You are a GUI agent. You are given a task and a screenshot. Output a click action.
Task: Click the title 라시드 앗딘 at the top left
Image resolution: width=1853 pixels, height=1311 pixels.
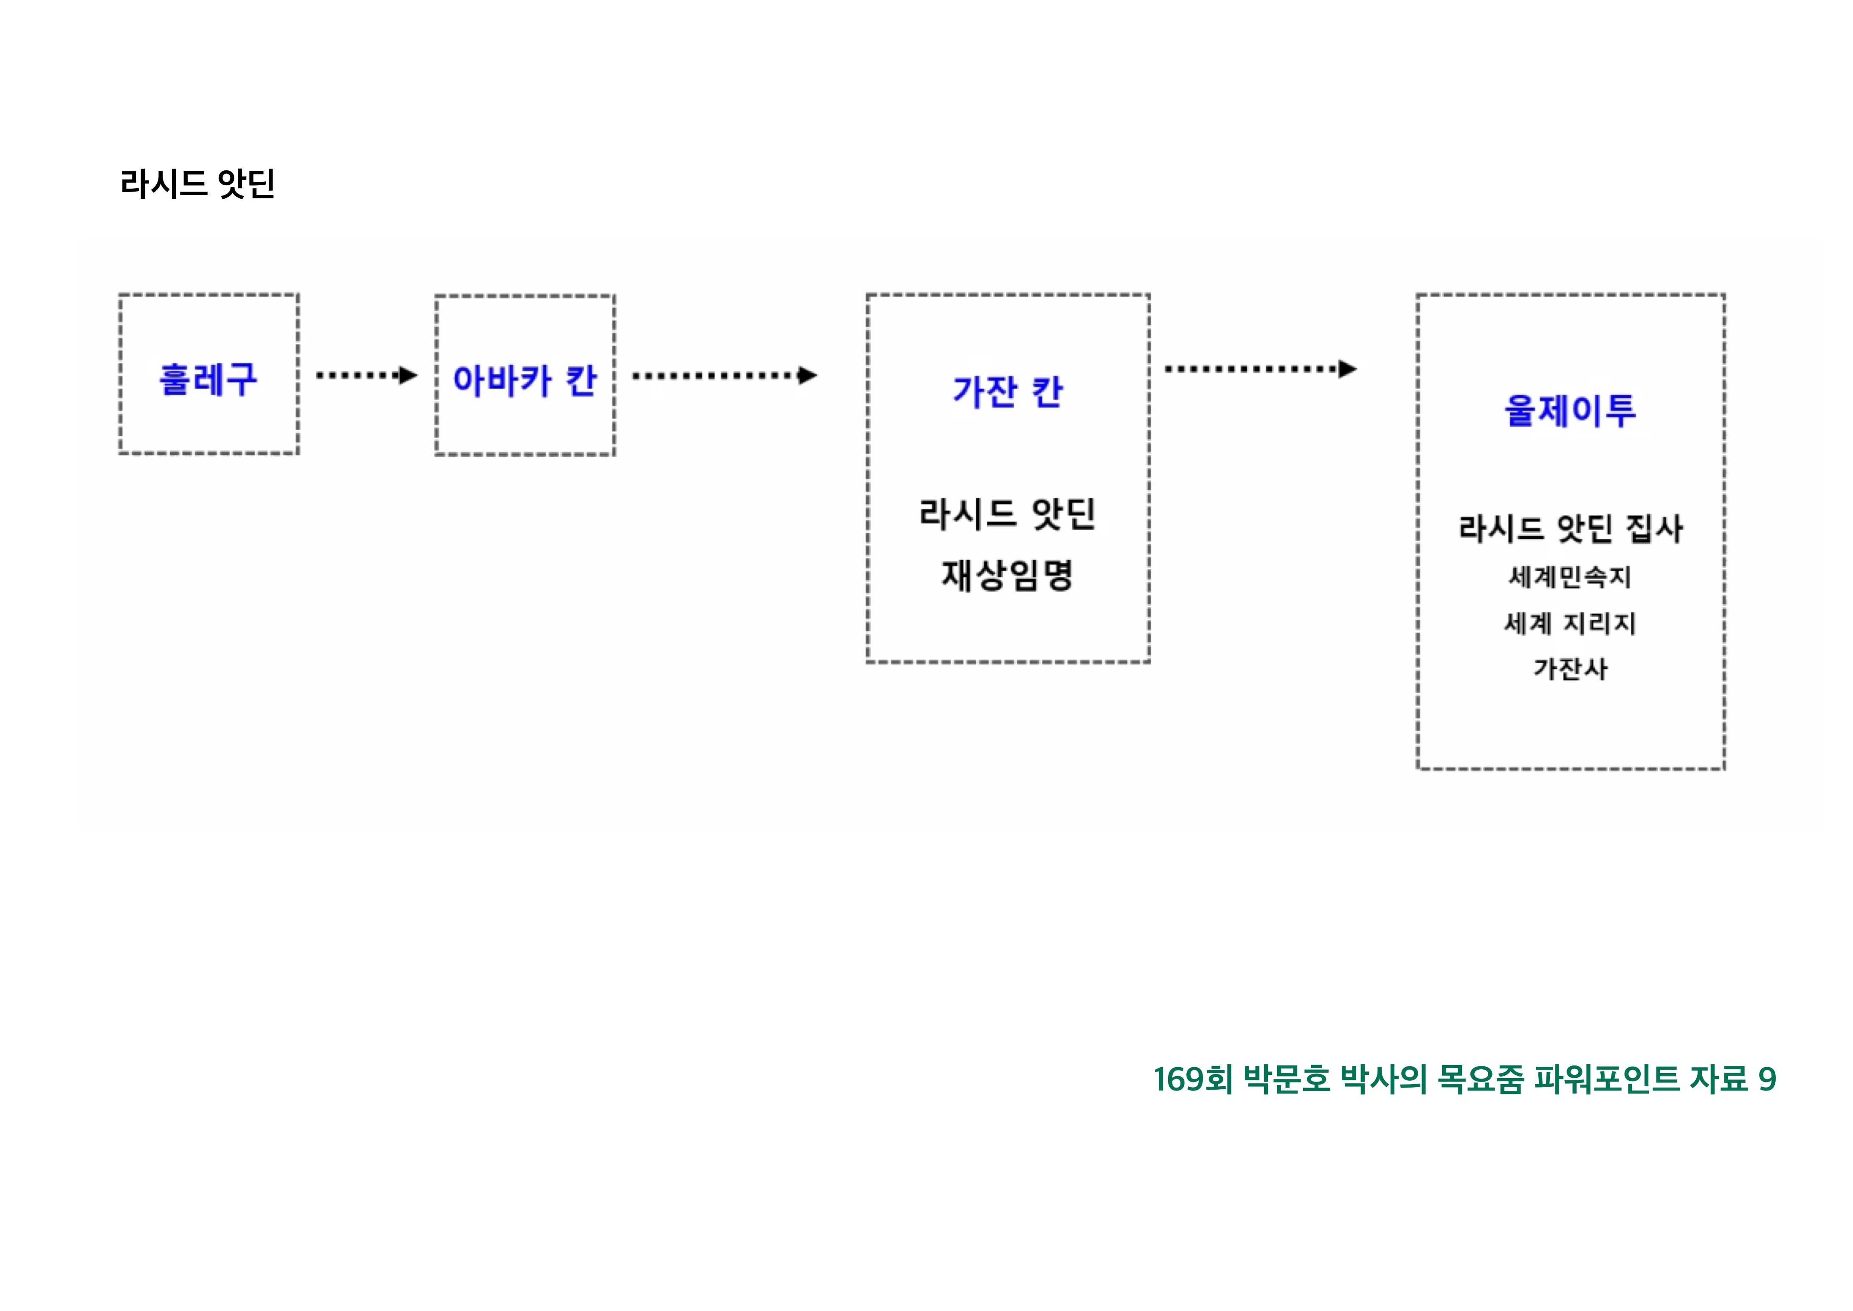click(x=198, y=184)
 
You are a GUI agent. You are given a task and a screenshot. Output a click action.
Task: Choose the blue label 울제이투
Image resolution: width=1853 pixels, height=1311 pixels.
click(x=1570, y=410)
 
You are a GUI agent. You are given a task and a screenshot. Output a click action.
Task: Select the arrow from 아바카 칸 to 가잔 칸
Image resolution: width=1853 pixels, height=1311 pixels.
click(x=724, y=376)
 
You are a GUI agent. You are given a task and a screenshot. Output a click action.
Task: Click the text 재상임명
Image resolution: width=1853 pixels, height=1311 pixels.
click(x=1007, y=576)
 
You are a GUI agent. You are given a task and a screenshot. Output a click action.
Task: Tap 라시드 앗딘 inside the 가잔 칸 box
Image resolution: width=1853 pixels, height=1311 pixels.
click(x=1007, y=514)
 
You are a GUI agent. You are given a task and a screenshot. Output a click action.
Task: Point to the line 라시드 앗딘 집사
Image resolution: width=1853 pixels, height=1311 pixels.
click(x=1570, y=529)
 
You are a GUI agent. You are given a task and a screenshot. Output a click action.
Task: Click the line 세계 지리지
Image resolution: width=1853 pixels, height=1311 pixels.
click(x=1570, y=623)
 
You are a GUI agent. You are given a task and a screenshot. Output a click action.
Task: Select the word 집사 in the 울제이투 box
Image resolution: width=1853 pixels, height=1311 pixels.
click(x=1654, y=529)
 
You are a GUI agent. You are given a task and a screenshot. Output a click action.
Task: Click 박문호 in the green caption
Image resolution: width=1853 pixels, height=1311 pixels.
click(x=1287, y=1079)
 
